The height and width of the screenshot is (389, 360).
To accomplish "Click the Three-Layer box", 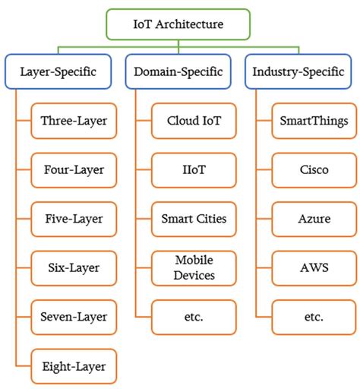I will [x=74, y=121].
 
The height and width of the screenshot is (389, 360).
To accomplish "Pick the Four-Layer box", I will [x=74, y=170].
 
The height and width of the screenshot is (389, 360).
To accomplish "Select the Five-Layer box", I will [x=74, y=219].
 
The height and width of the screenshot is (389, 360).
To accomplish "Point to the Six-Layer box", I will [x=74, y=267].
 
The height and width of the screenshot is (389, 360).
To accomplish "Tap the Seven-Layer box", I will [x=74, y=317].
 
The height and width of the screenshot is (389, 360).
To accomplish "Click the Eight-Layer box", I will [x=74, y=366].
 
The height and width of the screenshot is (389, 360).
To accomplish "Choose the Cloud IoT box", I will [x=193, y=121].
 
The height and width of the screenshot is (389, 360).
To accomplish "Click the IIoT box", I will [x=193, y=170].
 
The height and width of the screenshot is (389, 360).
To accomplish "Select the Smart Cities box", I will [x=193, y=219].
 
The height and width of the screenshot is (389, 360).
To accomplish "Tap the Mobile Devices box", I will [x=193, y=267].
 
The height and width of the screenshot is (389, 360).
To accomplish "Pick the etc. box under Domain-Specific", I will [x=193, y=317].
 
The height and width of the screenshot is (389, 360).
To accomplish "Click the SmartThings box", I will [x=314, y=121].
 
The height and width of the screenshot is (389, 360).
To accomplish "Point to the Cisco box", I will [x=314, y=170].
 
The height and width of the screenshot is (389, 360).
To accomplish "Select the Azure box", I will [x=314, y=219].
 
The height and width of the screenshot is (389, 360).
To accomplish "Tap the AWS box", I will [x=314, y=267].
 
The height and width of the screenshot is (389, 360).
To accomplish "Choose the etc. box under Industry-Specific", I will [x=314, y=317].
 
